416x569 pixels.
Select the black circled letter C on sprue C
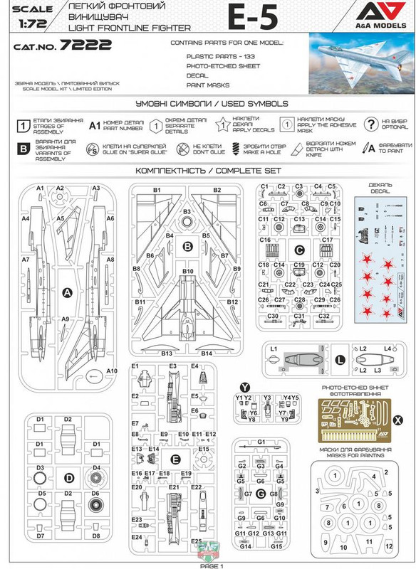coord(300,250)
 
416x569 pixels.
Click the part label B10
coord(187,272)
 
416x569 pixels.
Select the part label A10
coord(111,371)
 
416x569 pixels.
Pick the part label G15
coord(276,546)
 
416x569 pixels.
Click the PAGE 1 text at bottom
coord(212,565)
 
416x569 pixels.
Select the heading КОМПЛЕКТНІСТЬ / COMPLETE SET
coord(207,172)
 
